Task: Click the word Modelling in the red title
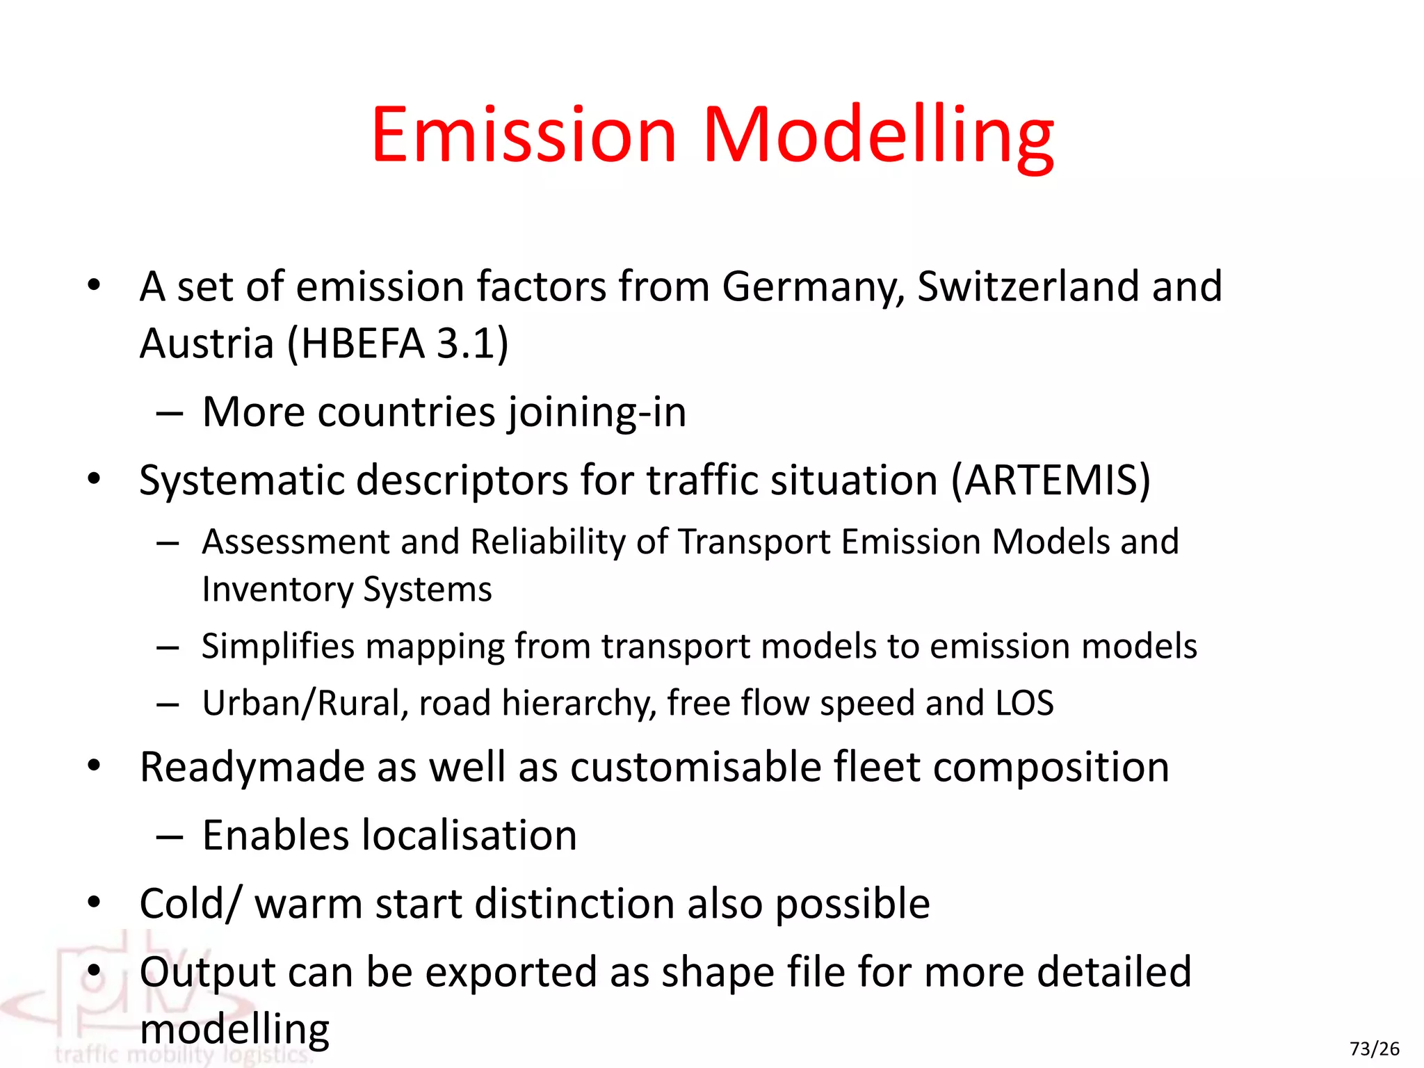point(878,136)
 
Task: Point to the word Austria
point(207,343)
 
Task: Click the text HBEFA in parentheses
point(362,343)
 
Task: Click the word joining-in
point(597,413)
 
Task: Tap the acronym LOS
point(1024,703)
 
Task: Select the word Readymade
point(252,768)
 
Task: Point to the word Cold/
point(191,904)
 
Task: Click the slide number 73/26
point(1374,1049)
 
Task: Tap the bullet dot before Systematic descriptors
point(95,479)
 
